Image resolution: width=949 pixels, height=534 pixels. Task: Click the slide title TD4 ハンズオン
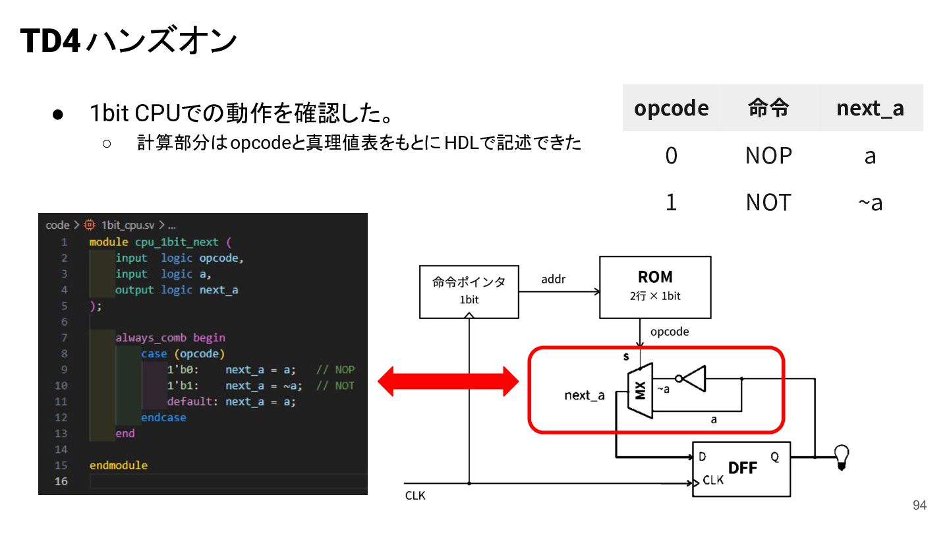tap(129, 41)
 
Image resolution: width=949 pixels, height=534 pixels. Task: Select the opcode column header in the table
tap(671, 109)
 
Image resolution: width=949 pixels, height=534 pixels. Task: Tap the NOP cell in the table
tap(768, 156)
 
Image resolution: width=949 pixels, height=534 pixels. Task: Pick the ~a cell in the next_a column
tap(870, 202)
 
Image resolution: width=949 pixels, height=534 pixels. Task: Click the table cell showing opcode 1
tap(671, 202)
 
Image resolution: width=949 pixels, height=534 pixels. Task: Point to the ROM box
tap(655, 287)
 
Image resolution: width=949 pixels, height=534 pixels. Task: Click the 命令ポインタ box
tap(469, 291)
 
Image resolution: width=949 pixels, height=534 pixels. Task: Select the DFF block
tap(741, 469)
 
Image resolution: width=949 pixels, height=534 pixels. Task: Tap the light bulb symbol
tap(842, 457)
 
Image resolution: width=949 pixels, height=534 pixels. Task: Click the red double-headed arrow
tap(448, 382)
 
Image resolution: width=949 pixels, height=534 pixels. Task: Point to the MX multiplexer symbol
tap(640, 390)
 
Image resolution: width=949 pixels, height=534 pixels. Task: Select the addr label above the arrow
tap(554, 279)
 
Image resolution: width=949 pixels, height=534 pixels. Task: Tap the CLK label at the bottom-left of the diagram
tap(415, 496)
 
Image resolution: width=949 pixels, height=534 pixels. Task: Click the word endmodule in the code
tap(119, 465)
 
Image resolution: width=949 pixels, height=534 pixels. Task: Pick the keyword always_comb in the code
tap(151, 338)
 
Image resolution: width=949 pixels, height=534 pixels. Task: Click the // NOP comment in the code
tap(335, 370)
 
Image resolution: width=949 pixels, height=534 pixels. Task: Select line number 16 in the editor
tap(61, 481)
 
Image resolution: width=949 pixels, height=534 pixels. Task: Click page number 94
tap(919, 505)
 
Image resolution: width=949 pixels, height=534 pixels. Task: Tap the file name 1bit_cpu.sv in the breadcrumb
tap(128, 225)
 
